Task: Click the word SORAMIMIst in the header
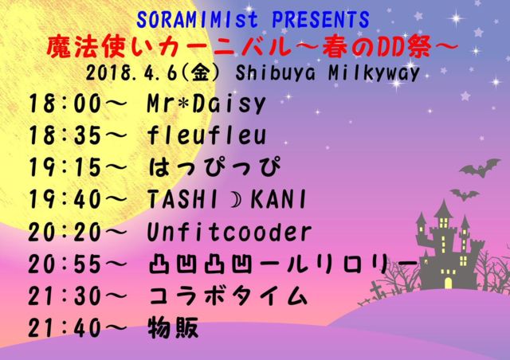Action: pos(198,19)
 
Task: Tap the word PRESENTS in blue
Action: pos(320,19)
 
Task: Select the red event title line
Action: pos(253,47)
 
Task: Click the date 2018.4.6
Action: pos(131,72)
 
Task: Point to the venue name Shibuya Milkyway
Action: pos(328,72)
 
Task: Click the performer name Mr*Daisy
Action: pos(206,104)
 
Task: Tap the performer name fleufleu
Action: pos(207,135)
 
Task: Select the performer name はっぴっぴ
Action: pos(214,166)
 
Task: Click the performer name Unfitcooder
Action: pos(229,232)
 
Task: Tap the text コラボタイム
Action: pos(228,296)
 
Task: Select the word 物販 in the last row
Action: pos(173,328)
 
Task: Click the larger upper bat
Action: pos(480,168)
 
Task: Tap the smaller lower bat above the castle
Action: pos(465,194)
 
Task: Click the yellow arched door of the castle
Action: pos(448,283)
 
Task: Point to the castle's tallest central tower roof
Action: pos(443,209)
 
